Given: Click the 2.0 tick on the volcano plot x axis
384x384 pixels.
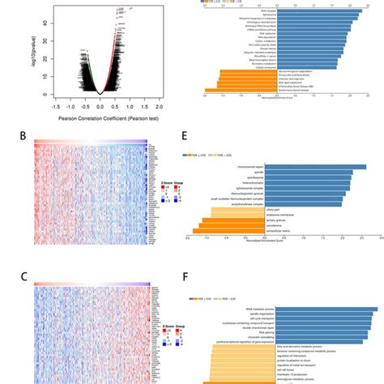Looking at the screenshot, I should pyautogui.click(x=159, y=106).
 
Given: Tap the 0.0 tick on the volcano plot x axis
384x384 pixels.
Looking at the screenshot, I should pyautogui.click(x=100, y=106).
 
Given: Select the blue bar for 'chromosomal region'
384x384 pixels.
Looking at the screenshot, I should pyautogui.click(x=316, y=168).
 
